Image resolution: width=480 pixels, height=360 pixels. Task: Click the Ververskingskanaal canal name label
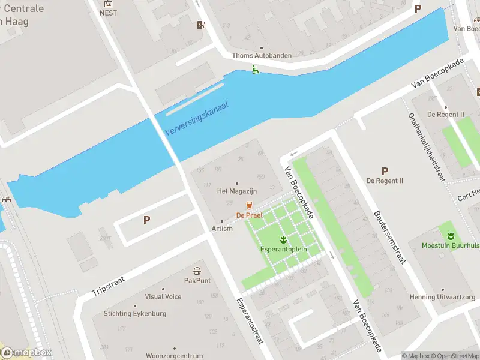pos(197,118)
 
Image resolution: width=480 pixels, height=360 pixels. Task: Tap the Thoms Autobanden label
pos(262,56)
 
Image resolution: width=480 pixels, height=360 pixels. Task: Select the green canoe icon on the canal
pos(256,70)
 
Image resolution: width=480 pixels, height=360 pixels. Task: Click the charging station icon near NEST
pos(201,25)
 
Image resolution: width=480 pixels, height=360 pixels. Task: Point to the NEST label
pos(109,13)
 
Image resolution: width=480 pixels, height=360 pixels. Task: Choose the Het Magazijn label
pos(236,191)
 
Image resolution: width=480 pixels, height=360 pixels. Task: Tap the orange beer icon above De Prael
pos(249,206)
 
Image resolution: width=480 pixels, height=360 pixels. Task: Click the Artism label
pos(222,229)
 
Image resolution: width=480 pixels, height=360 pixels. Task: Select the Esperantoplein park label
pos(284,249)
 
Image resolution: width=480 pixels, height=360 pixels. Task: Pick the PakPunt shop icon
pos(197,271)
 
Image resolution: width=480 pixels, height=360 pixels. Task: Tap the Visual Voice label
pos(163,297)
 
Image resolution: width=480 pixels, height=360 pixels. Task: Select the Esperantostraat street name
pos(250,321)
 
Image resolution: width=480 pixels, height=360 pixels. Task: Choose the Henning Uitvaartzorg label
pos(442,297)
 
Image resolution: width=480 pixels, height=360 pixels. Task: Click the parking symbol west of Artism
pos(146,220)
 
